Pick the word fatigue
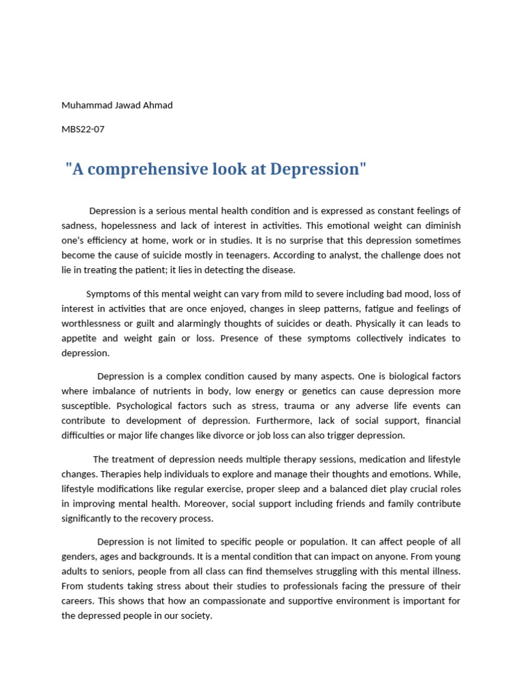[367, 309]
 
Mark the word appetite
[80, 338]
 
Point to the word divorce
[244, 435]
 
